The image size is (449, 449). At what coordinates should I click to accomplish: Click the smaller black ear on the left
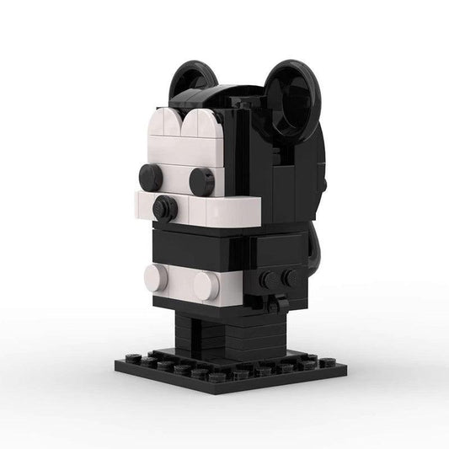click(186, 82)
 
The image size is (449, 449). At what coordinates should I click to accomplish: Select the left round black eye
click(151, 176)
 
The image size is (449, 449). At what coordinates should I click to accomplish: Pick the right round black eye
click(202, 181)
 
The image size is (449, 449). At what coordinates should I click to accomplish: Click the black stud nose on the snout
click(165, 208)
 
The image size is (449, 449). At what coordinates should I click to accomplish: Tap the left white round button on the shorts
click(157, 277)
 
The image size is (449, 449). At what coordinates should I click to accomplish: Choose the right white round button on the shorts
click(206, 286)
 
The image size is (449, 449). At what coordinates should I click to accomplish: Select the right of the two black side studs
click(291, 277)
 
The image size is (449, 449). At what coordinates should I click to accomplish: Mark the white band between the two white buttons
click(181, 280)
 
